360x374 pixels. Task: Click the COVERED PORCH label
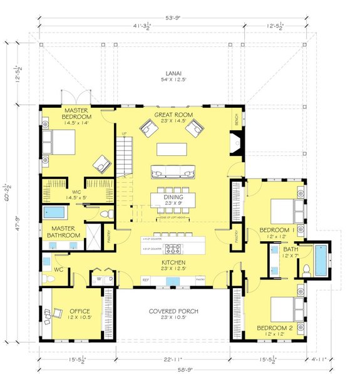tap(175, 311)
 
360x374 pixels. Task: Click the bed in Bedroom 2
tap(284, 309)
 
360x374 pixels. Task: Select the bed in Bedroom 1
tap(284, 212)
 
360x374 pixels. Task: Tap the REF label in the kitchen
tap(145, 279)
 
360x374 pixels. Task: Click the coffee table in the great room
tap(171, 148)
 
